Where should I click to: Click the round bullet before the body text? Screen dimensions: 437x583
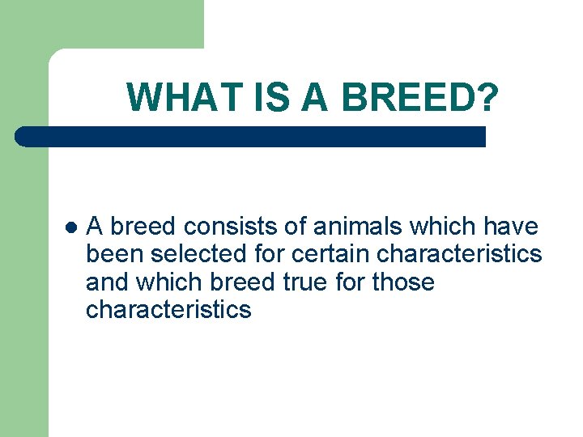tap(71, 227)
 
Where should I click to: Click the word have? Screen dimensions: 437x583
tap(509, 227)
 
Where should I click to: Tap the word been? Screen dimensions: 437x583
tap(115, 255)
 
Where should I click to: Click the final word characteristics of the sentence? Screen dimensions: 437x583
tap(168, 310)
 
